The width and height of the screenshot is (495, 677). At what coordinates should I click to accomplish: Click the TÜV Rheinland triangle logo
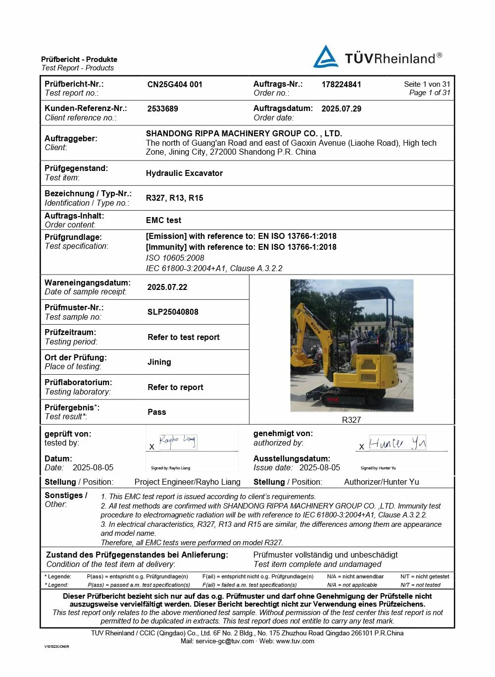[325, 57]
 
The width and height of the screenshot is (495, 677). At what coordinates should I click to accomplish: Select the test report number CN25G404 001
[175, 84]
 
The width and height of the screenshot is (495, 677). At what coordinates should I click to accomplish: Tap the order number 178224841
[341, 84]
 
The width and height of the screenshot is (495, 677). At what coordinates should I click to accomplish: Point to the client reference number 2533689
[162, 109]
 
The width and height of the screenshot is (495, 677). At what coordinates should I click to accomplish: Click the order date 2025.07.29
[341, 109]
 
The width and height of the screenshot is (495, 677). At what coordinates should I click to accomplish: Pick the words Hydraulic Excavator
[184, 173]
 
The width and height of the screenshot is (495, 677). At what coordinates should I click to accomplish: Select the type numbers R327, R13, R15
[174, 198]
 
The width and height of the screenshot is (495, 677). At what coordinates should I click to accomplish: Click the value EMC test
[163, 220]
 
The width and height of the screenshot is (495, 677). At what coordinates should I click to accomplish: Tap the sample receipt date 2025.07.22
[167, 287]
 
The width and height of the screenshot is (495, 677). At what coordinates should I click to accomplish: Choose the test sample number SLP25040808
[173, 312]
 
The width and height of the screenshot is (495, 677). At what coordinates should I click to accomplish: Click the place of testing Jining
[159, 362]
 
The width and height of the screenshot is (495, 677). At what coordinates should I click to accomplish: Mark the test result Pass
[156, 412]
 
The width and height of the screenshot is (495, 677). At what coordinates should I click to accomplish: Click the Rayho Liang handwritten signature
[177, 441]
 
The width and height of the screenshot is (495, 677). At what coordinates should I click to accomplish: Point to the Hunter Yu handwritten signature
[397, 443]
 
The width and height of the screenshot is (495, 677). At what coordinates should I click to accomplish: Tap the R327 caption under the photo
[351, 420]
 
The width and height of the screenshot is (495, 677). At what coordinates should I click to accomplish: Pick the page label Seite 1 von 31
[427, 84]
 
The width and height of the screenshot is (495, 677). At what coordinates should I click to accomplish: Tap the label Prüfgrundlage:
[73, 237]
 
